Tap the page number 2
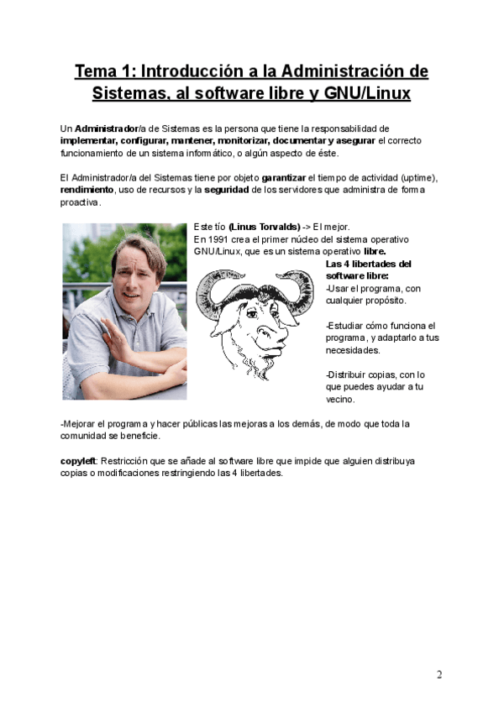point(438,674)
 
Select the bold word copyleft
point(78,461)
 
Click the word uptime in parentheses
point(418,179)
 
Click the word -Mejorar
point(81,424)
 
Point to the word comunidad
point(85,436)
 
